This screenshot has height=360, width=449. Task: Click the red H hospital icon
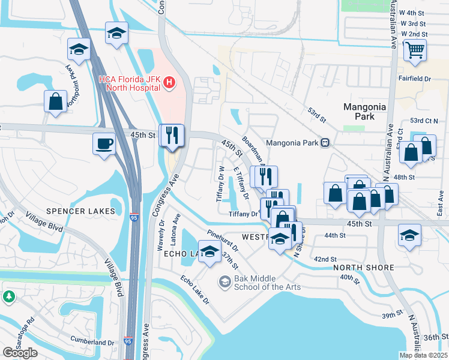[x=170, y=82]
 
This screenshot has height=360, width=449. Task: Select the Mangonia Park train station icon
[x=325, y=143]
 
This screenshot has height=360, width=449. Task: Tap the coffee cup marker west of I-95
[x=104, y=145]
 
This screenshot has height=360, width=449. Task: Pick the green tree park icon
[x=9, y=296]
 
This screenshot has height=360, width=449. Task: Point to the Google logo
[x=20, y=352]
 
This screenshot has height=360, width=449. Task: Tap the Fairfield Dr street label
[x=414, y=79]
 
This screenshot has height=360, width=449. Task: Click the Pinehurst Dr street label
[x=222, y=239]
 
